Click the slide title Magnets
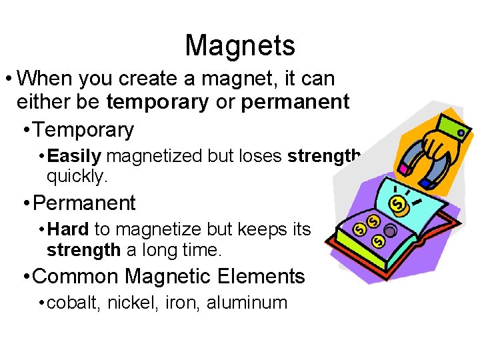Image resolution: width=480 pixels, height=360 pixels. tap(240, 45)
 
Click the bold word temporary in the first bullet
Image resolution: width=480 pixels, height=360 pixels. tap(157, 102)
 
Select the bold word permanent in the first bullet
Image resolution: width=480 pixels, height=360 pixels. tap(295, 102)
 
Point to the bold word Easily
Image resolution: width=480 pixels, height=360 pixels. tap(75, 156)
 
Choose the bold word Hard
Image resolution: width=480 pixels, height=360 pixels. tap(69, 229)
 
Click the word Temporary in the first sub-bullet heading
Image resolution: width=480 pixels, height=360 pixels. tap(83, 129)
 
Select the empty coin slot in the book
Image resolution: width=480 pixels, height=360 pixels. tap(389, 230)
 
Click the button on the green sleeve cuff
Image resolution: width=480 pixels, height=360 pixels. tap(461, 133)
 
